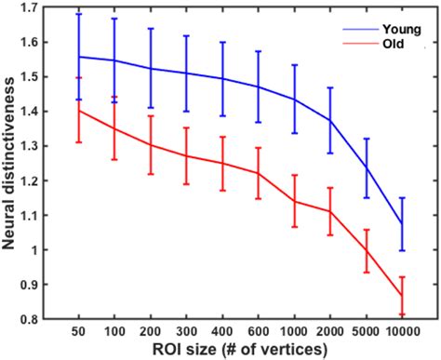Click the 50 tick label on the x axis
click(79, 331)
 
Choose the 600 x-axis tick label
click(259, 331)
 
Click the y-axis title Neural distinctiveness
click(11, 163)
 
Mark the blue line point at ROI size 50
click(79, 56)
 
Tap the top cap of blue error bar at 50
click(79, 14)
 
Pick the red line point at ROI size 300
click(187, 155)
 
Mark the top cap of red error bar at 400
click(223, 137)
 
